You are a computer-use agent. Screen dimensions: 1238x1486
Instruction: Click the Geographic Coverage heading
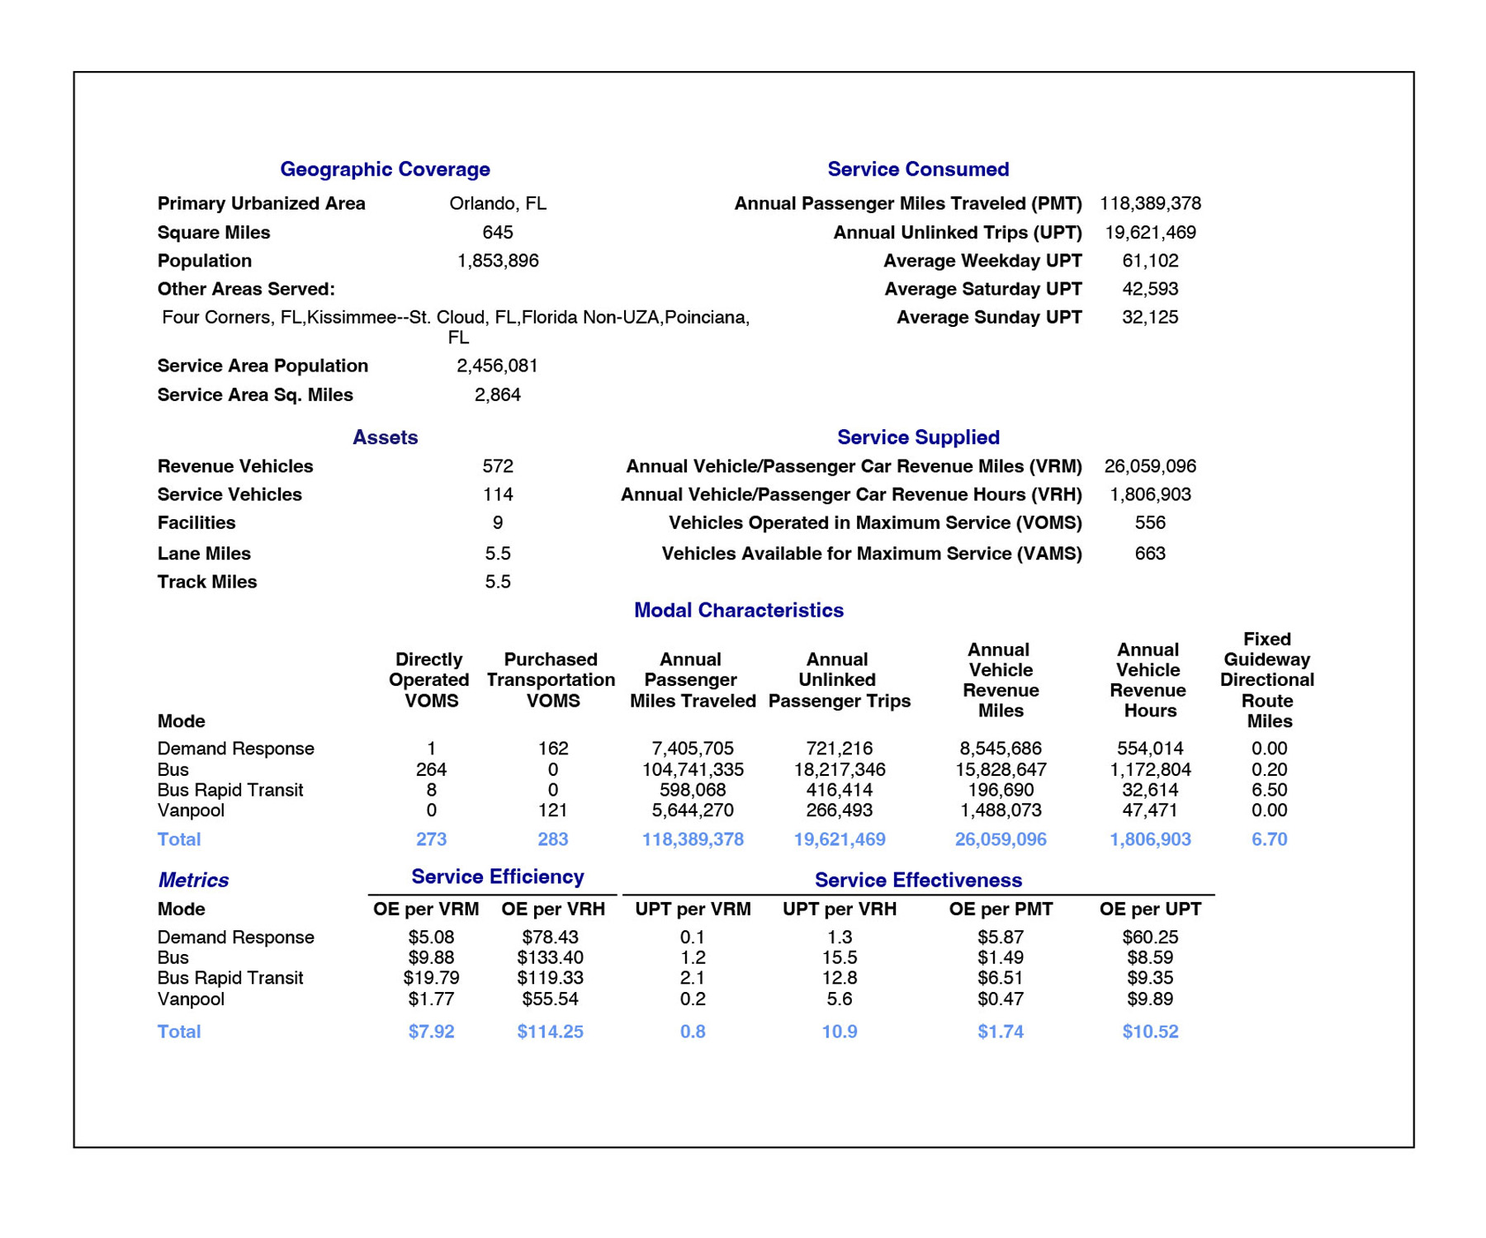pos(385,169)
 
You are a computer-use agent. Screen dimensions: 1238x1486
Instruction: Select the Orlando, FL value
pos(497,204)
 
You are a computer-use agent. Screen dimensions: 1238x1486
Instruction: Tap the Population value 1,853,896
pos(497,261)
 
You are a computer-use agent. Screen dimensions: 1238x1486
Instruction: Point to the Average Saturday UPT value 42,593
pos(1149,289)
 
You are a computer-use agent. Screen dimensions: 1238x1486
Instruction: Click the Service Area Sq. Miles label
pos(255,395)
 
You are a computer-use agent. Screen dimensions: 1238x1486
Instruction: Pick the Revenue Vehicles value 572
pos(497,466)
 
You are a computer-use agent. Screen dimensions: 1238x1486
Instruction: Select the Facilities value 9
pos(497,522)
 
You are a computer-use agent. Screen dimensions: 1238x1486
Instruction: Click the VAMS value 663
pos(1149,553)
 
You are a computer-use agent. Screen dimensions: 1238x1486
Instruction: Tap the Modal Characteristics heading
pos(738,610)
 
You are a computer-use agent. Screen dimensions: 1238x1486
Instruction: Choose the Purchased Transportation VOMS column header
pos(551,680)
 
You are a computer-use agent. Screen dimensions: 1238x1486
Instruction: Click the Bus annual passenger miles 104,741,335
pos(692,769)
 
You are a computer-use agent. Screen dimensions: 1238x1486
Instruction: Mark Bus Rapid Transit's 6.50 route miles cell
pos(1268,790)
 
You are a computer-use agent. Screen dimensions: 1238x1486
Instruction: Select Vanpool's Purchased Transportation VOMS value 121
pos(552,810)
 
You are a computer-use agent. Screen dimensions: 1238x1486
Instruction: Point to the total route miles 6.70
pos(1268,839)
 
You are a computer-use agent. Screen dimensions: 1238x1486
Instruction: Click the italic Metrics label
pos(193,880)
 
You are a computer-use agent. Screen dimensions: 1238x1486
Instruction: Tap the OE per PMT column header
pos(1000,909)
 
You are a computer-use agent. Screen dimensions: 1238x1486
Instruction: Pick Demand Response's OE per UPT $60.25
pos(1149,937)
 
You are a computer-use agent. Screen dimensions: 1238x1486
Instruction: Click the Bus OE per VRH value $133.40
pos(550,957)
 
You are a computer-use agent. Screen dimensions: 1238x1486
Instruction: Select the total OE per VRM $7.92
pos(431,1032)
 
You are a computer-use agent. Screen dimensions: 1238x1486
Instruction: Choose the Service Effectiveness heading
pos(918,880)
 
